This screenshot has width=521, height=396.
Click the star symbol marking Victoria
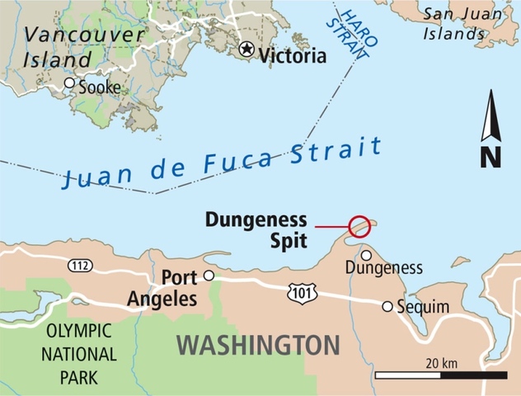tap(246, 49)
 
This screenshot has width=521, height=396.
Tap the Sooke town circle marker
tap(70, 83)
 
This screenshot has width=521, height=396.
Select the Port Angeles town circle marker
tap(209, 276)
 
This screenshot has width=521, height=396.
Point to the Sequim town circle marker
tap(387, 306)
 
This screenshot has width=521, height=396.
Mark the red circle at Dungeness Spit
tap(359, 226)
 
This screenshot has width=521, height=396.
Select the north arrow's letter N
tap(490, 156)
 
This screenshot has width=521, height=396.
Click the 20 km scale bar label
tap(442, 364)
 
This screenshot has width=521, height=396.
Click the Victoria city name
tap(293, 55)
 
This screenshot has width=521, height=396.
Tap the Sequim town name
tap(425, 307)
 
